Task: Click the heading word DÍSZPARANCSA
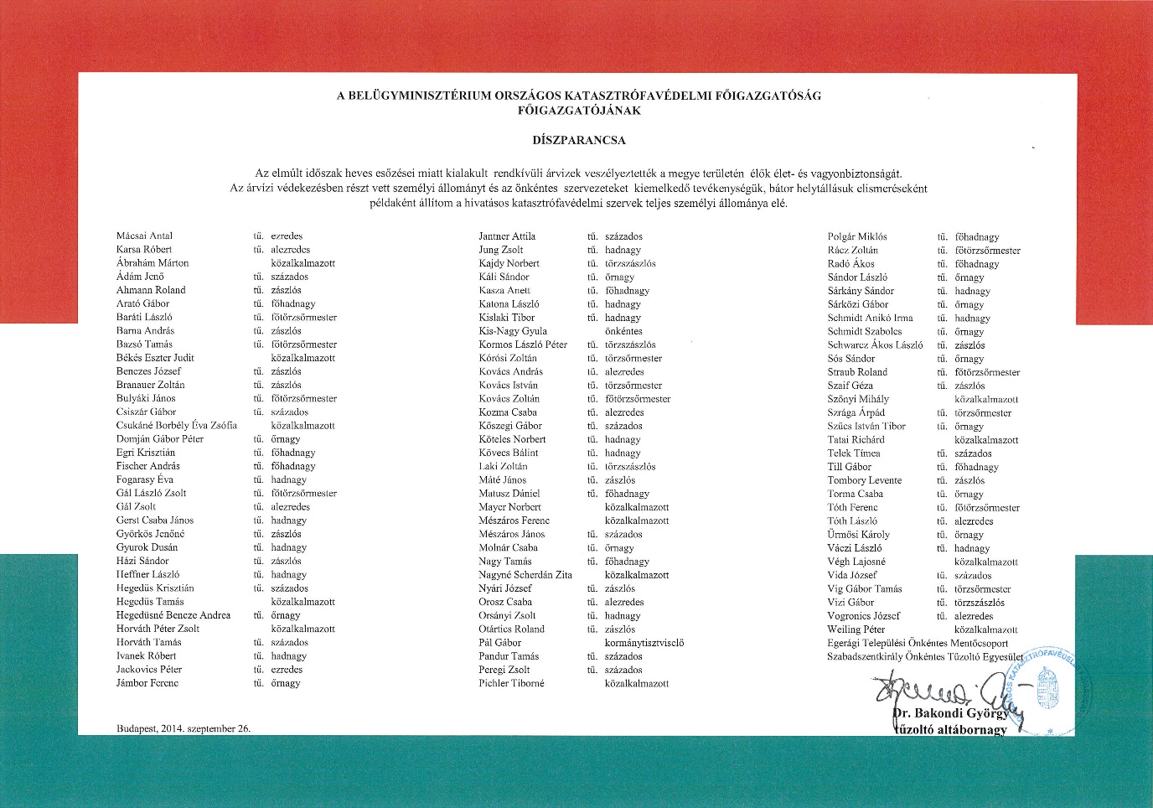point(579,140)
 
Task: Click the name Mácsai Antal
point(144,236)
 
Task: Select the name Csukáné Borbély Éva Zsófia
point(176,425)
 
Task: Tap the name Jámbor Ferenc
point(147,683)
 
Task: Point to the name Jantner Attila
point(507,236)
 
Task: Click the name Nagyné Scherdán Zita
point(525,575)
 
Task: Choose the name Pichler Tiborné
point(511,683)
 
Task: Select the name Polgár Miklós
point(857,236)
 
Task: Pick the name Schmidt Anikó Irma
point(870,318)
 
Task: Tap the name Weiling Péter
point(856,629)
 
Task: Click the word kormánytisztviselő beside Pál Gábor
point(644,643)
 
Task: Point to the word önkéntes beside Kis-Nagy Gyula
point(623,331)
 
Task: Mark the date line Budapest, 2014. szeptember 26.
point(184,728)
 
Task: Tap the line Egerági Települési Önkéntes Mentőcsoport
point(918,643)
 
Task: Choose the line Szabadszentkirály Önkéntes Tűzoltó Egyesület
point(925,656)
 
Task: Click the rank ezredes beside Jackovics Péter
point(287,670)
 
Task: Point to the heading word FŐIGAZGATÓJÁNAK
point(579,110)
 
